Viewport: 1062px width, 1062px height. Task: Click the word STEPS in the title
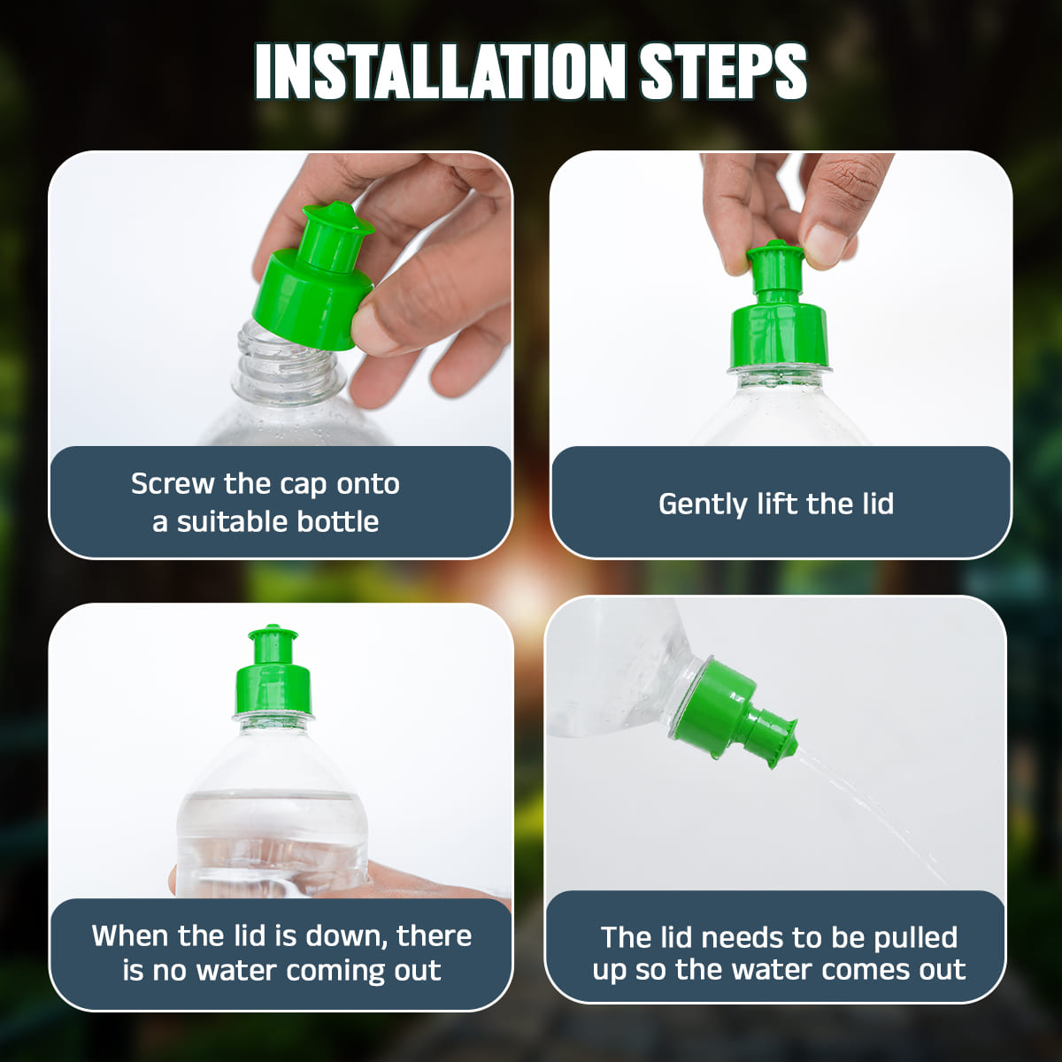pos(722,71)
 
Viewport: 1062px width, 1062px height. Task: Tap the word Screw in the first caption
pos(173,484)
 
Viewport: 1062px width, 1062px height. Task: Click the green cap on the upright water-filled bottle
pos(273,673)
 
